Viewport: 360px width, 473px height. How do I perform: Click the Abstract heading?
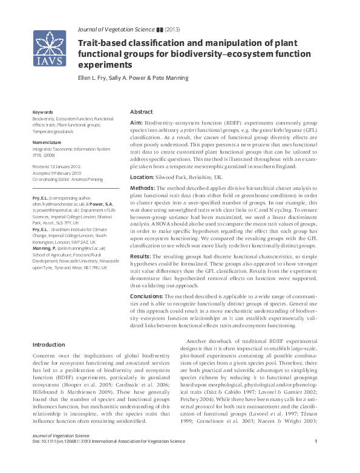click(142, 113)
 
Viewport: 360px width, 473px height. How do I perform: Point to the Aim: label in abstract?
click(136, 123)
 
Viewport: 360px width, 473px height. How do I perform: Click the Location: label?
click(143, 177)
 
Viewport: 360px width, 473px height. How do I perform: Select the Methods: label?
click(143, 189)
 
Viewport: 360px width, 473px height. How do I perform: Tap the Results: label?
click(142, 256)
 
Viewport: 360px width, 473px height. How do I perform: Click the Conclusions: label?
click(148, 297)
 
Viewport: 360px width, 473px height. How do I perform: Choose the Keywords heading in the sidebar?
click(42, 113)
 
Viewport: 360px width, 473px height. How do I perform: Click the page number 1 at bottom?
click(316, 459)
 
